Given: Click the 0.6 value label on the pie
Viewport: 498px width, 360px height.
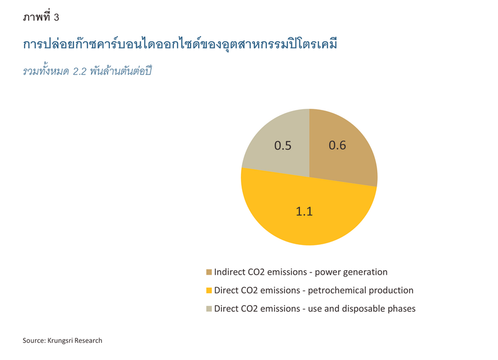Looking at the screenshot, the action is [337, 145].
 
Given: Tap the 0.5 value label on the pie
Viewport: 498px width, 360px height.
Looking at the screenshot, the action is [283, 146].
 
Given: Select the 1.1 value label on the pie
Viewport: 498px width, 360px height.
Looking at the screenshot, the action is [305, 211].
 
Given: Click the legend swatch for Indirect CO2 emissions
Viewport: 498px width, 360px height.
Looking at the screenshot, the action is [209, 272].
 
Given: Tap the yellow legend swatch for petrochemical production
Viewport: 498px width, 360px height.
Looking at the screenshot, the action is [209, 291].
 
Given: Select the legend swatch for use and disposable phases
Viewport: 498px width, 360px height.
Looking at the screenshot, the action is [209, 309].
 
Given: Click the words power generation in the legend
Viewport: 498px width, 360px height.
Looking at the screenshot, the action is [351, 272].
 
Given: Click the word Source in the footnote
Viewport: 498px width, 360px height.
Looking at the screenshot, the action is [34, 341].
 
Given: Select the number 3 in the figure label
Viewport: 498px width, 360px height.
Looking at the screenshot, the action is [56, 17].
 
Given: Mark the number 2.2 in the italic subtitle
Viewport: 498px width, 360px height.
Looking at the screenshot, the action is [80, 72].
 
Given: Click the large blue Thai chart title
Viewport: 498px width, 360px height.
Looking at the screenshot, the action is [180, 44].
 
